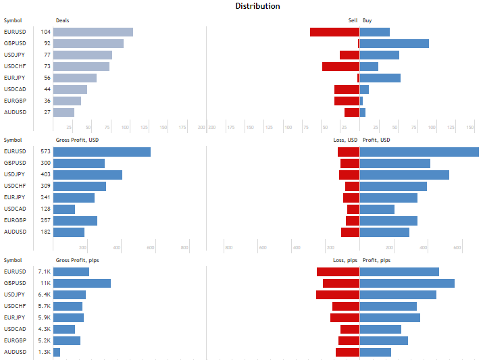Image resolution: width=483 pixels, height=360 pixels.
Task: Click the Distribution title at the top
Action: coord(257,6)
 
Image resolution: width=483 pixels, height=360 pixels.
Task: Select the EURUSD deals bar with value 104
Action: coord(93,32)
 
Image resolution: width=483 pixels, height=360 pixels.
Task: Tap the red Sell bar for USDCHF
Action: coord(340,66)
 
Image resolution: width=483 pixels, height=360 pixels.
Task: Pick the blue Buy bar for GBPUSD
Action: coord(395,43)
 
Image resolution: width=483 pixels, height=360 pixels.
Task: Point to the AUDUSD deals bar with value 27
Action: coord(63,112)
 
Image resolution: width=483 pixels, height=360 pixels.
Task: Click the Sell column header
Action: coord(353,20)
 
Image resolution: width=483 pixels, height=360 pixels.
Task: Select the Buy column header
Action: coord(367,20)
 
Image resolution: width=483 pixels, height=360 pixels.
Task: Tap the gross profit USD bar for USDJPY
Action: coord(88,175)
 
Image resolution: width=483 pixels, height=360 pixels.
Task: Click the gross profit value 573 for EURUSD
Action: coord(45,152)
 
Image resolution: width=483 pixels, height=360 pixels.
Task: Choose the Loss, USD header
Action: coord(346,140)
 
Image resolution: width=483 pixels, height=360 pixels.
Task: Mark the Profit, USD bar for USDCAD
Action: coord(377,209)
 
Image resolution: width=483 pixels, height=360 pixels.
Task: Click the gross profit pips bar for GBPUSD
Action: coord(82,283)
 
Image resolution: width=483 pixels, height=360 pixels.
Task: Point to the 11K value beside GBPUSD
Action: coord(46,283)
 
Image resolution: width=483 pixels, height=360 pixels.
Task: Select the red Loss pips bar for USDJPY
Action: coord(338,294)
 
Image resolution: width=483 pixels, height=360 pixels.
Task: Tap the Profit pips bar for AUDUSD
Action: coord(376,352)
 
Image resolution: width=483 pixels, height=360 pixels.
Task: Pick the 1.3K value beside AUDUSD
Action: coord(45,352)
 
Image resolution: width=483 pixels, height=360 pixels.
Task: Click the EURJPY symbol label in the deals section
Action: coord(15,78)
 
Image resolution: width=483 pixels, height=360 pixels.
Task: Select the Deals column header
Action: coord(62,20)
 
